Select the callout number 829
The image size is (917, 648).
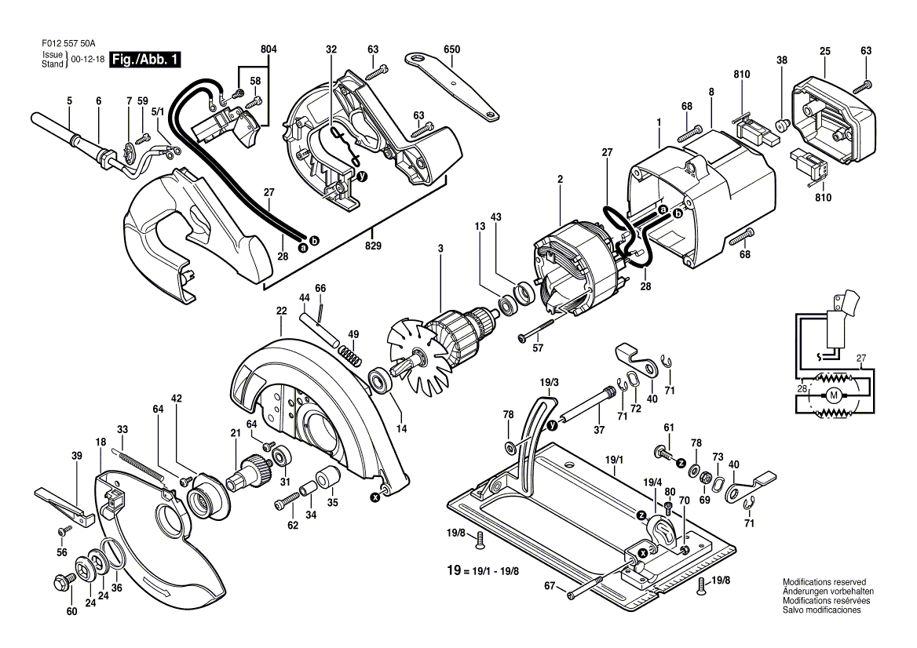pos(373,246)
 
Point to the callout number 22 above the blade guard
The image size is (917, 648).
pos(281,311)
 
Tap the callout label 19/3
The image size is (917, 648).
pos(549,382)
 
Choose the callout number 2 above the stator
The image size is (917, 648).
pos(560,180)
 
